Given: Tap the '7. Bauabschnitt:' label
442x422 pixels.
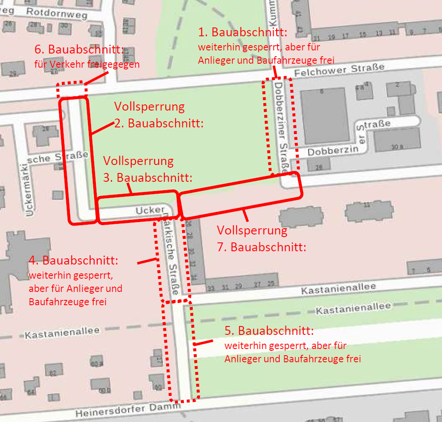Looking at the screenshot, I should coord(262,247).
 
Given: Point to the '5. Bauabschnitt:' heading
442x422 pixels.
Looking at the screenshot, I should coord(270,331).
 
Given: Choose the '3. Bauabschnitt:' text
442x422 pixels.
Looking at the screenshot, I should coord(148,177).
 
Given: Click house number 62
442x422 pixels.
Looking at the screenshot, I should coord(53,373).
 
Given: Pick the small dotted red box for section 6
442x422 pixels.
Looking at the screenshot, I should coord(71,89).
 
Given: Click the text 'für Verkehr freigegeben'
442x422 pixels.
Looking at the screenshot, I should coord(87,65).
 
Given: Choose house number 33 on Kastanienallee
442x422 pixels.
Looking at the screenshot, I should coord(211,288).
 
